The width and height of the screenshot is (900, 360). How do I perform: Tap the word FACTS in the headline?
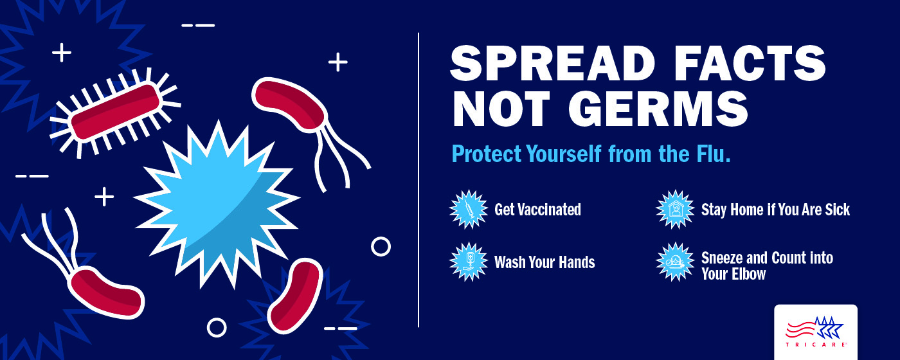pyautogui.click(x=750, y=63)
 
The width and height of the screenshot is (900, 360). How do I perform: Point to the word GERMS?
pyautogui.click(x=658, y=109)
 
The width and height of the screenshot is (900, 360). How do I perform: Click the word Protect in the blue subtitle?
pyautogui.click(x=487, y=154)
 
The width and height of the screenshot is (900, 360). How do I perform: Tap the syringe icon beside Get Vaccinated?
pyautogui.click(x=469, y=210)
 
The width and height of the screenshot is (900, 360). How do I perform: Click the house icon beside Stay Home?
pyautogui.click(x=675, y=210)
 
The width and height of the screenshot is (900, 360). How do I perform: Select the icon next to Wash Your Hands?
pyautogui.click(x=469, y=262)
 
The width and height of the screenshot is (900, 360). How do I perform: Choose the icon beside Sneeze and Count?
pyautogui.click(x=675, y=262)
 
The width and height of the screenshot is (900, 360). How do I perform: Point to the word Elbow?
pyautogui.click(x=750, y=274)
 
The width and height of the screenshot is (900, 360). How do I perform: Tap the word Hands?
pyautogui.click(x=577, y=262)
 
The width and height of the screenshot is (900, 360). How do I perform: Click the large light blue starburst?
pyautogui.click(x=217, y=203)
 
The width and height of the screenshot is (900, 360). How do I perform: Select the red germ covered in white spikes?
pyautogui.click(x=115, y=112)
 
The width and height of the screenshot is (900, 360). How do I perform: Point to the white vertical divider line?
pyautogui.click(x=419, y=180)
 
